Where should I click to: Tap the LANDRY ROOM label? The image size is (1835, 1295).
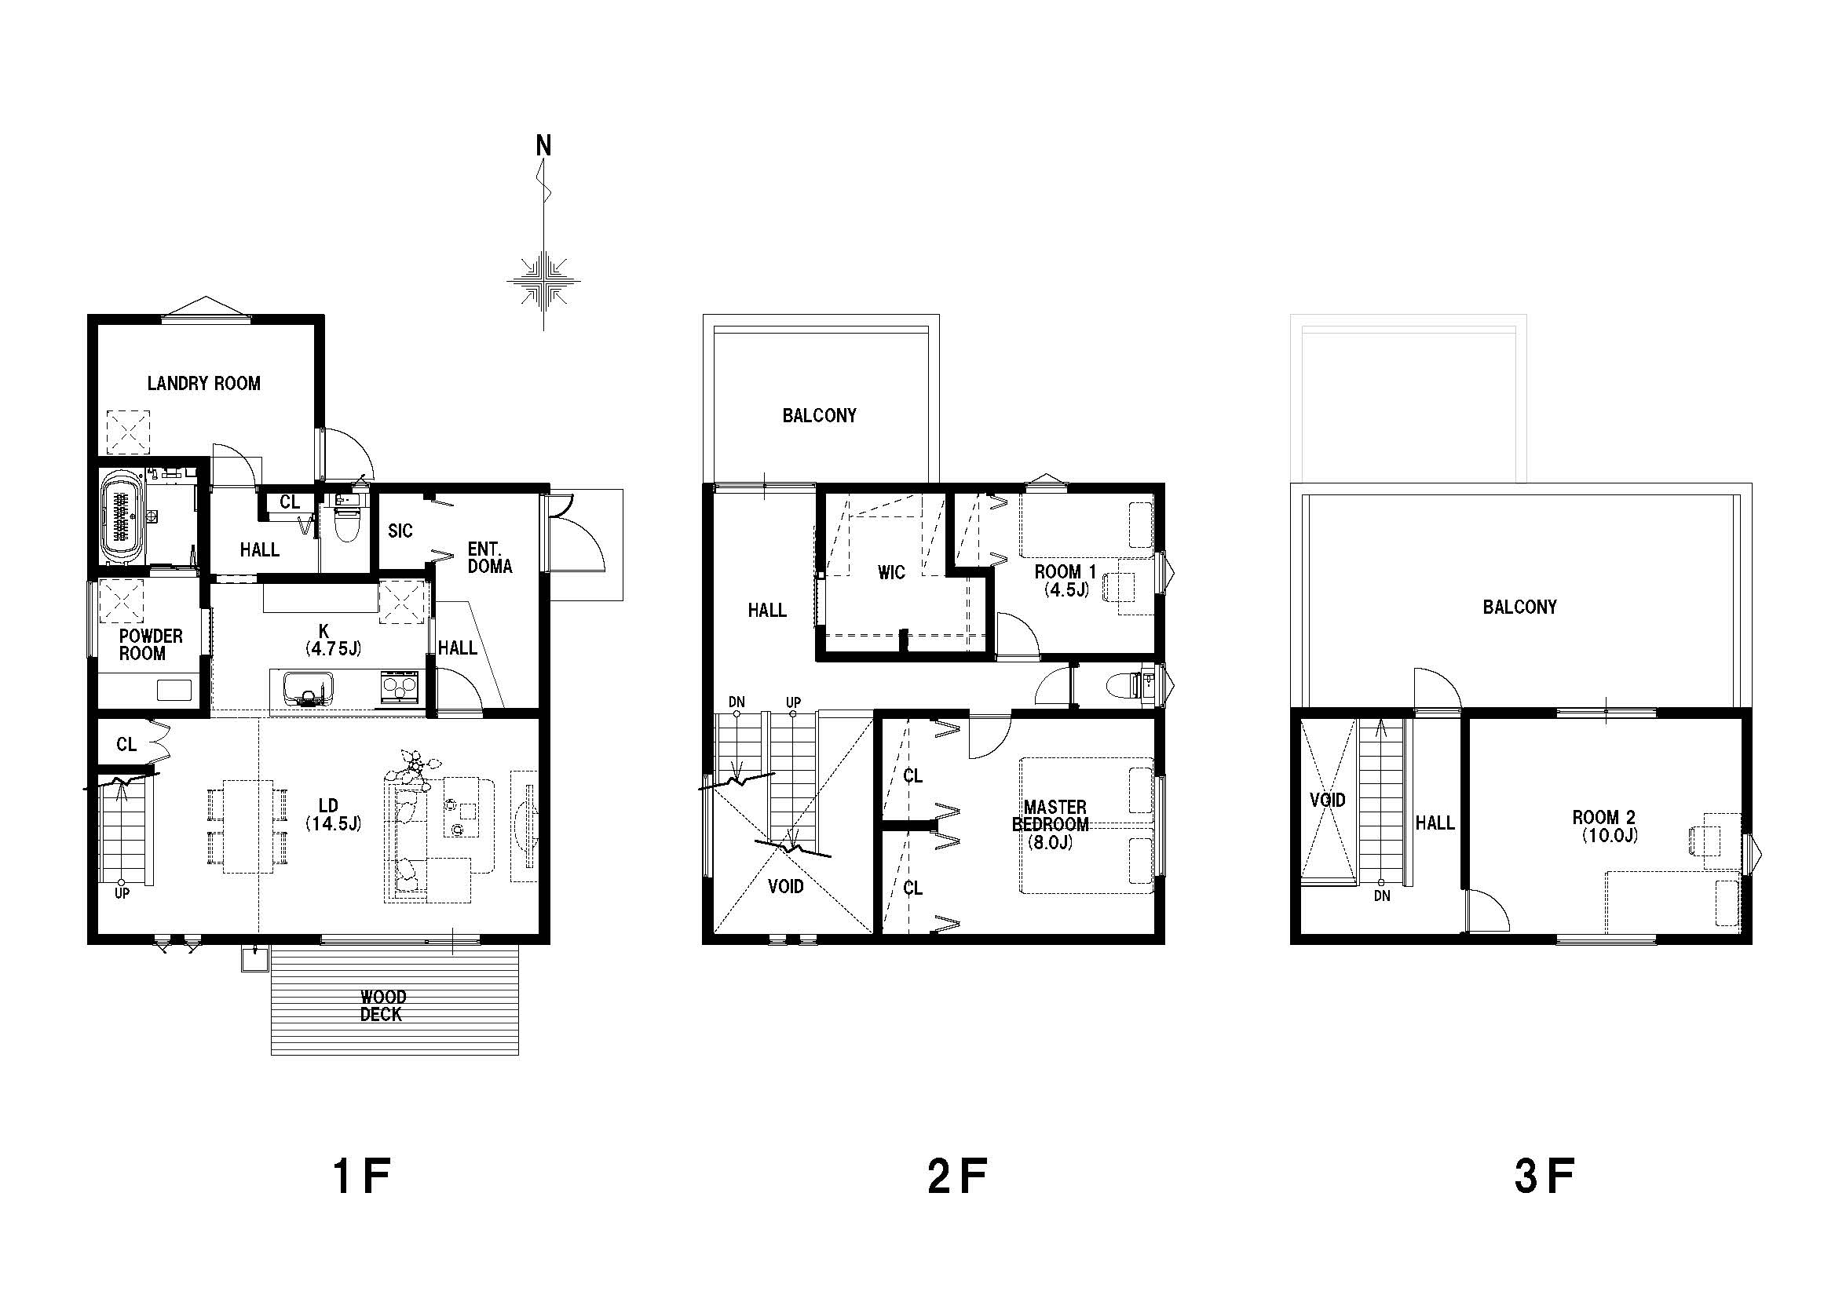click(x=204, y=384)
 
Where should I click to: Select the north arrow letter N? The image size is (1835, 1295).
click(x=543, y=146)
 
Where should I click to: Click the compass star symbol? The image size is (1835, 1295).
click(x=543, y=280)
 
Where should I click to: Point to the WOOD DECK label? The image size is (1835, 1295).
click(x=382, y=1006)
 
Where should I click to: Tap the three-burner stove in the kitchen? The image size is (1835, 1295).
click(x=400, y=687)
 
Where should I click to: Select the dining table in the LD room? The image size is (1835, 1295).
click(x=248, y=826)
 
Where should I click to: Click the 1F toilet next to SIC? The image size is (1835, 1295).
click(x=347, y=519)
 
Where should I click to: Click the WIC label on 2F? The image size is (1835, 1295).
click(x=891, y=572)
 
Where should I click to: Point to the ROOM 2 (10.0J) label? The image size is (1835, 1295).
click(x=1605, y=826)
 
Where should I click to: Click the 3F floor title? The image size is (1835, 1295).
click(x=1544, y=1176)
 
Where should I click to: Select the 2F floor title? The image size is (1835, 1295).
click(x=957, y=1176)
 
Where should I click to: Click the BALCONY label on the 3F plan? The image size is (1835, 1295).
click(x=1520, y=607)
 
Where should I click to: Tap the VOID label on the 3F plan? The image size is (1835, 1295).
click(x=1328, y=800)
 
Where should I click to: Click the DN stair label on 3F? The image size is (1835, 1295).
click(x=1382, y=896)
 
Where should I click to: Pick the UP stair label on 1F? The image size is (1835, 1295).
click(x=122, y=894)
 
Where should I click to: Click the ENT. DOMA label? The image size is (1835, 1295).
click(x=490, y=557)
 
